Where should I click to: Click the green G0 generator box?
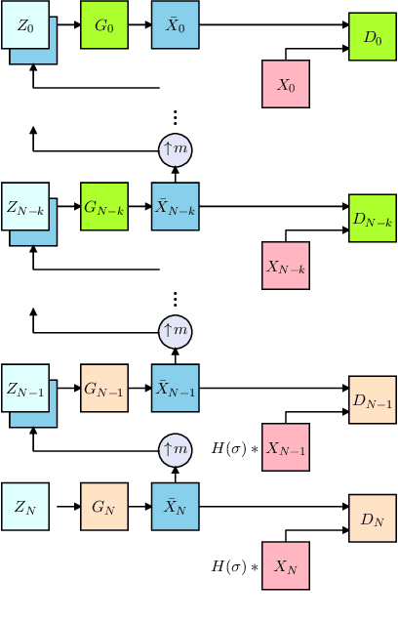pyautogui.click(x=104, y=24)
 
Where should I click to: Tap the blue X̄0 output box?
pyautogui.click(x=176, y=24)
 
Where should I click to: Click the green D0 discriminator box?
pyautogui.click(x=373, y=38)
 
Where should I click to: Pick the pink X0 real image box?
pyautogui.click(x=286, y=84)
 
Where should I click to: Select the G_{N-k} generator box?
pyautogui.click(x=104, y=206)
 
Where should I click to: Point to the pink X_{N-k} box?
pyautogui.click(x=286, y=266)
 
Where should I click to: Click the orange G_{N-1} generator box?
pyautogui.click(x=104, y=388)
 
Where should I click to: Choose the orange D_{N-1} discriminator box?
pyautogui.click(x=373, y=400)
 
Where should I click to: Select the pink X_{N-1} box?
pyautogui.click(x=286, y=448)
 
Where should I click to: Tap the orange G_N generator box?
pyautogui.click(x=104, y=507)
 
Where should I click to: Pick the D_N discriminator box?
pyautogui.click(x=373, y=519)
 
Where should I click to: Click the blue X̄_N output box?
pyautogui.click(x=176, y=507)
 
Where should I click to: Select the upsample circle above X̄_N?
pyautogui.click(x=176, y=448)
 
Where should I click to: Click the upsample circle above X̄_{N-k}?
pyautogui.click(x=176, y=148)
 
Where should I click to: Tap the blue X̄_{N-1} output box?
pyautogui.click(x=176, y=388)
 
